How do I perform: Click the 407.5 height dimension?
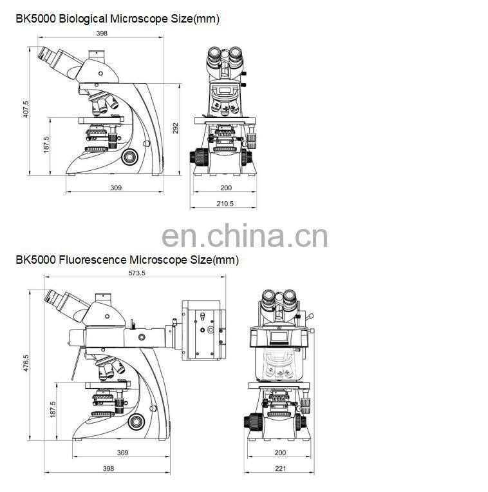tap(26, 110)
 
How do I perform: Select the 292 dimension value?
tap(174, 128)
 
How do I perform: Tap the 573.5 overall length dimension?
tap(135, 273)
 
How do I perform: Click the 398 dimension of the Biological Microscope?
tap(102, 33)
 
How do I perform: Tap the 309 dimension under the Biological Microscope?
tap(116, 188)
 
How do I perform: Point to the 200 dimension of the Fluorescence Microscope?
tap(280, 453)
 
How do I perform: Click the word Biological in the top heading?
tap(84, 19)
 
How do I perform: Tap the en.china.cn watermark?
tap(245, 236)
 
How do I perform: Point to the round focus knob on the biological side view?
tap(131, 157)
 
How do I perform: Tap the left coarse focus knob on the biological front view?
tap(197, 157)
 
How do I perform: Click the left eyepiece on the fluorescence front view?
tap(268, 299)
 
